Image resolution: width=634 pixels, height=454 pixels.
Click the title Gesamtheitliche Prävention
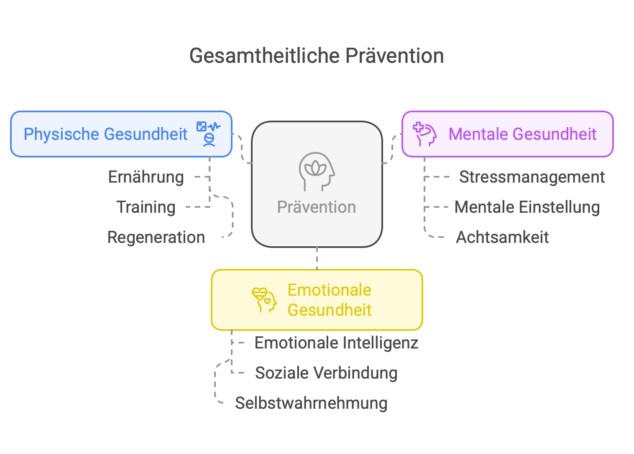[317, 56]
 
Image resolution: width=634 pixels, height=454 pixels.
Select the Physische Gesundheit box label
[105, 134]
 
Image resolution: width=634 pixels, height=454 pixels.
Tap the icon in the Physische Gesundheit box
[208, 134]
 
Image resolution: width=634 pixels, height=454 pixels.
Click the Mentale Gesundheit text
[522, 134]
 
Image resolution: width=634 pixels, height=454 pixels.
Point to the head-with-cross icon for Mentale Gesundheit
[424, 134]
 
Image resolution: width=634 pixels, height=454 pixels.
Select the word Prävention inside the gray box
[317, 207]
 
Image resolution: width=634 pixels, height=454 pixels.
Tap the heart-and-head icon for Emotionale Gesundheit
[264, 299]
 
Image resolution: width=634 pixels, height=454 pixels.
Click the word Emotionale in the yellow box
[330, 290]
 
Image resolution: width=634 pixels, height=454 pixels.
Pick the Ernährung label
[146, 177]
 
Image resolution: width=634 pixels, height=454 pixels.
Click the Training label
[146, 207]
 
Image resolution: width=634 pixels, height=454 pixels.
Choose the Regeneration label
[156, 237]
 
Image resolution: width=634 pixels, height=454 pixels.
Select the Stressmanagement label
[532, 177]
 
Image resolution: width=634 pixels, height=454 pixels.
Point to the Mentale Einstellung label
[527, 207]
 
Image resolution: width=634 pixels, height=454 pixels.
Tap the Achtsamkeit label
[502, 237]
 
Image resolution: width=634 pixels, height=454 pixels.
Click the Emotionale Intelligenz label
[337, 343]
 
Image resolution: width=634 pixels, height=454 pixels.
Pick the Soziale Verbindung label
[326, 373]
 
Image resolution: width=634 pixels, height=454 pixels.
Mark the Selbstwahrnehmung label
[311, 403]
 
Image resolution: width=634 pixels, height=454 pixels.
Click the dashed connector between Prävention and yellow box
[317, 258]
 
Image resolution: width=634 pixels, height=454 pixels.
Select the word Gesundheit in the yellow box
[330, 310]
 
